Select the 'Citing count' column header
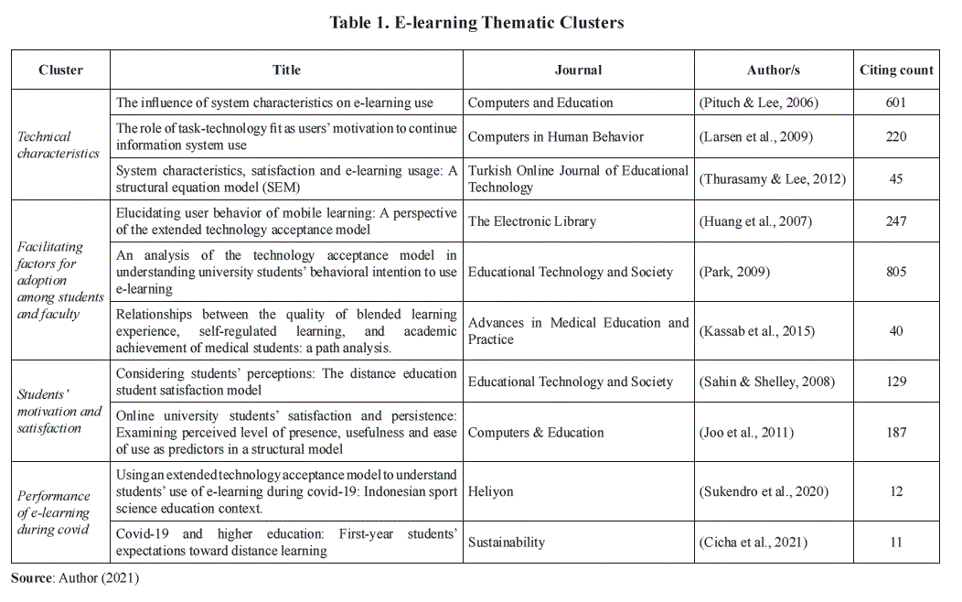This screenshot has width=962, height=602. pyautogui.click(x=896, y=70)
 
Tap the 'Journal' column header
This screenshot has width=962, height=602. pyautogui.click(x=578, y=70)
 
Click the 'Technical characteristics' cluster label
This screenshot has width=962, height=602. pyautogui.click(x=59, y=145)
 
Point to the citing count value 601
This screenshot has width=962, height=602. pyautogui.click(x=896, y=102)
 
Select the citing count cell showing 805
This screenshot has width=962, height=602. pyautogui.click(x=896, y=272)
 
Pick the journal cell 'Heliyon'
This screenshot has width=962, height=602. pyautogui.click(x=491, y=491)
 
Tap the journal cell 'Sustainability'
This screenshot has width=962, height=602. pyautogui.click(x=507, y=543)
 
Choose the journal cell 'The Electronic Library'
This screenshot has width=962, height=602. pyautogui.click(x=532, y=220)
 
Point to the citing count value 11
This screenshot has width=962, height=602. pyautogui.click(x=896, y=543)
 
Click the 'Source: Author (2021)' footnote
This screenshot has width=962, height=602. pyautogui.click(x=75, y=577)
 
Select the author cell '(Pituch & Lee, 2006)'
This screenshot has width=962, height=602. pyautogui.click(x=759, y=102)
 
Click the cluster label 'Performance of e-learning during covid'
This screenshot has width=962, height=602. pyautogui.click(x=54, y=512)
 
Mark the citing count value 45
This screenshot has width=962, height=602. pyautogui.click(x=896, y=178)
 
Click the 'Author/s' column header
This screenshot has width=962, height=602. pyautogui.click(x=774, y=70)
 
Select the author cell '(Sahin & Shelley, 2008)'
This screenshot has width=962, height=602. pyautogui.click(x=766, y=382)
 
